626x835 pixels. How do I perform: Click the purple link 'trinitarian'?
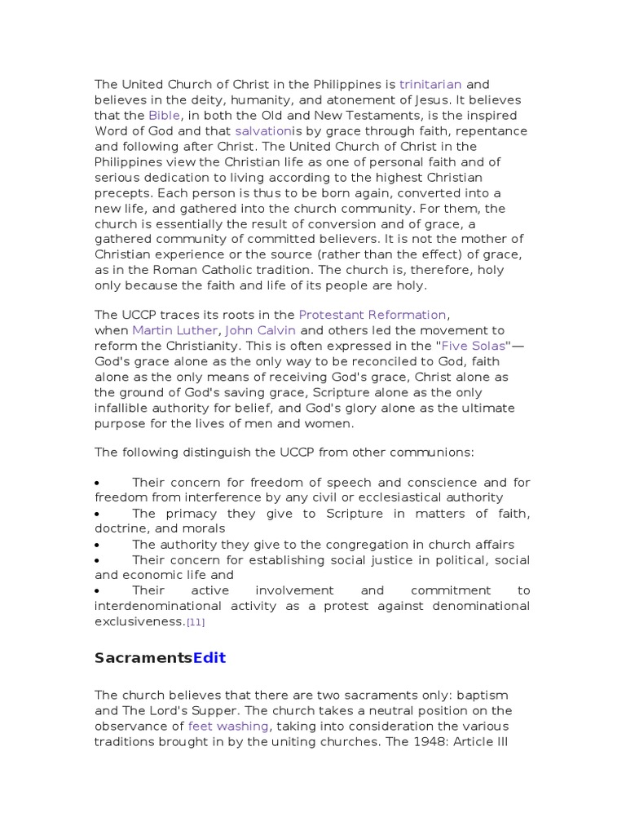[430, 84]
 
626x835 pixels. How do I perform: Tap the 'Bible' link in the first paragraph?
[163, 116]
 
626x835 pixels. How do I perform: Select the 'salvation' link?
[262, 131]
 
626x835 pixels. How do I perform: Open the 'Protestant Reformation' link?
[373, 315]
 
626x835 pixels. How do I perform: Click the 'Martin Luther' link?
[174, 330]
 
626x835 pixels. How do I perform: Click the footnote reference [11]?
[196, 622]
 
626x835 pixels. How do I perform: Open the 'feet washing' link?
[228, 726]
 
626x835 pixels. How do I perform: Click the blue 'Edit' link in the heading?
[209, 658]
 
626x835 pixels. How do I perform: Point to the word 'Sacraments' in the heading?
[143, 658]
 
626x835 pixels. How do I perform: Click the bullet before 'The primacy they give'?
[98, 514]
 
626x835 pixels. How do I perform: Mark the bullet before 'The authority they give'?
[98, 545]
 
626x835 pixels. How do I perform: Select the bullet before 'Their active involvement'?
[98, 590]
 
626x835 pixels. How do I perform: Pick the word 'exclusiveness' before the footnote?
[139, 621]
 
